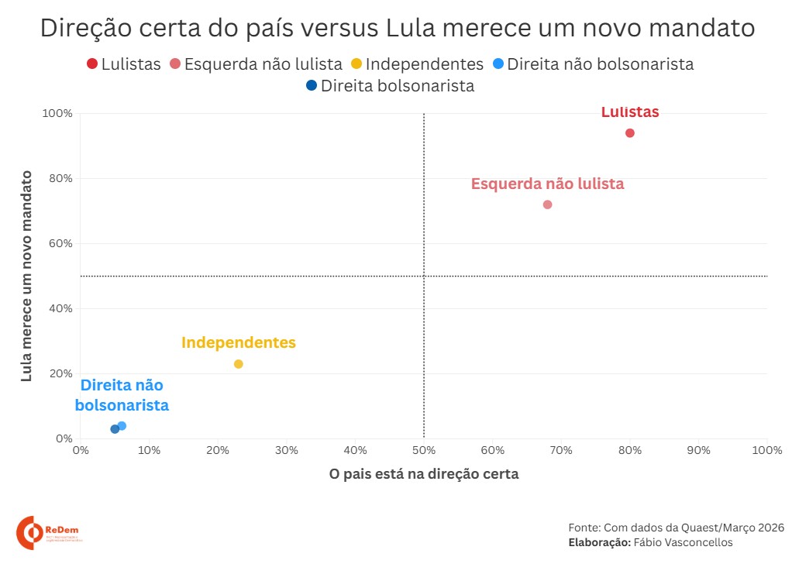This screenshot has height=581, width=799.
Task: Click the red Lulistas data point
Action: pos(630,133)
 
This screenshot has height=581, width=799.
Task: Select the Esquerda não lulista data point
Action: pos(547,205)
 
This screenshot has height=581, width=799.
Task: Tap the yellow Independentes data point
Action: pos(238,364)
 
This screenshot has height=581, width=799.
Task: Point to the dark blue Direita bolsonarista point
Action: pos(115,429)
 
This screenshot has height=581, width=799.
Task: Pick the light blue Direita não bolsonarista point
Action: pos(122,426)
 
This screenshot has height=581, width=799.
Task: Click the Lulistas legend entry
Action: pos(124,64)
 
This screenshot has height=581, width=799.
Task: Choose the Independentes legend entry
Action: pos(417,64)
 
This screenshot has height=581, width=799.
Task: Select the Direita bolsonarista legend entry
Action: pos(390,86)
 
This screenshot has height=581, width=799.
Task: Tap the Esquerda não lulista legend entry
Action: pos(256,64)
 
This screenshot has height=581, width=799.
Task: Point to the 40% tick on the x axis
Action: pos(355,450)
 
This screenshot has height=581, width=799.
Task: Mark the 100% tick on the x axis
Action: pos(766,450)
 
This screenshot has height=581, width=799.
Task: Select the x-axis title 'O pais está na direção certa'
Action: pos(424,474)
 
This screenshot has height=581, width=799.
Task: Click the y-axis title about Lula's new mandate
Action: pos(26,276)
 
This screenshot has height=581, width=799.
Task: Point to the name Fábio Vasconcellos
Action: pos(683,542)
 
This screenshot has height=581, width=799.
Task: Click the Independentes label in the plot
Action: pos(239,342)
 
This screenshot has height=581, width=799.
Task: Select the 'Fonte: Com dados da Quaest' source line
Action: pos(676,527)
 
